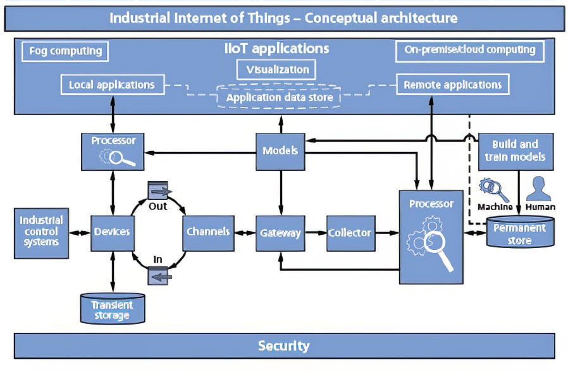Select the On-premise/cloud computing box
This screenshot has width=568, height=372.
point(469,49)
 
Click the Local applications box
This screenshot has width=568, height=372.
point(112,84)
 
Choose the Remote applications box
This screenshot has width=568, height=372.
point(452,84)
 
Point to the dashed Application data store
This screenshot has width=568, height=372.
point(280,98)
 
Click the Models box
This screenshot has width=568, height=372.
point(280,151)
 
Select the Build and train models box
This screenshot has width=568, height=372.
point(515,151)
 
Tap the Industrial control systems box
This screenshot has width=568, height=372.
point(41,232)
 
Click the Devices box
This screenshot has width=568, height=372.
point(111,232)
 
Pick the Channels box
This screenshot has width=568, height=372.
point(207,232)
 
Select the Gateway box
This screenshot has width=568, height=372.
point(280,233)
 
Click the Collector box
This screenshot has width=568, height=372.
point(349,233)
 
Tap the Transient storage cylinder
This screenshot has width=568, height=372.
point(113,309)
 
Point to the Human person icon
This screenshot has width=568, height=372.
point(539,188)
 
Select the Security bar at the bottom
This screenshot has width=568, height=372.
point(283,345)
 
